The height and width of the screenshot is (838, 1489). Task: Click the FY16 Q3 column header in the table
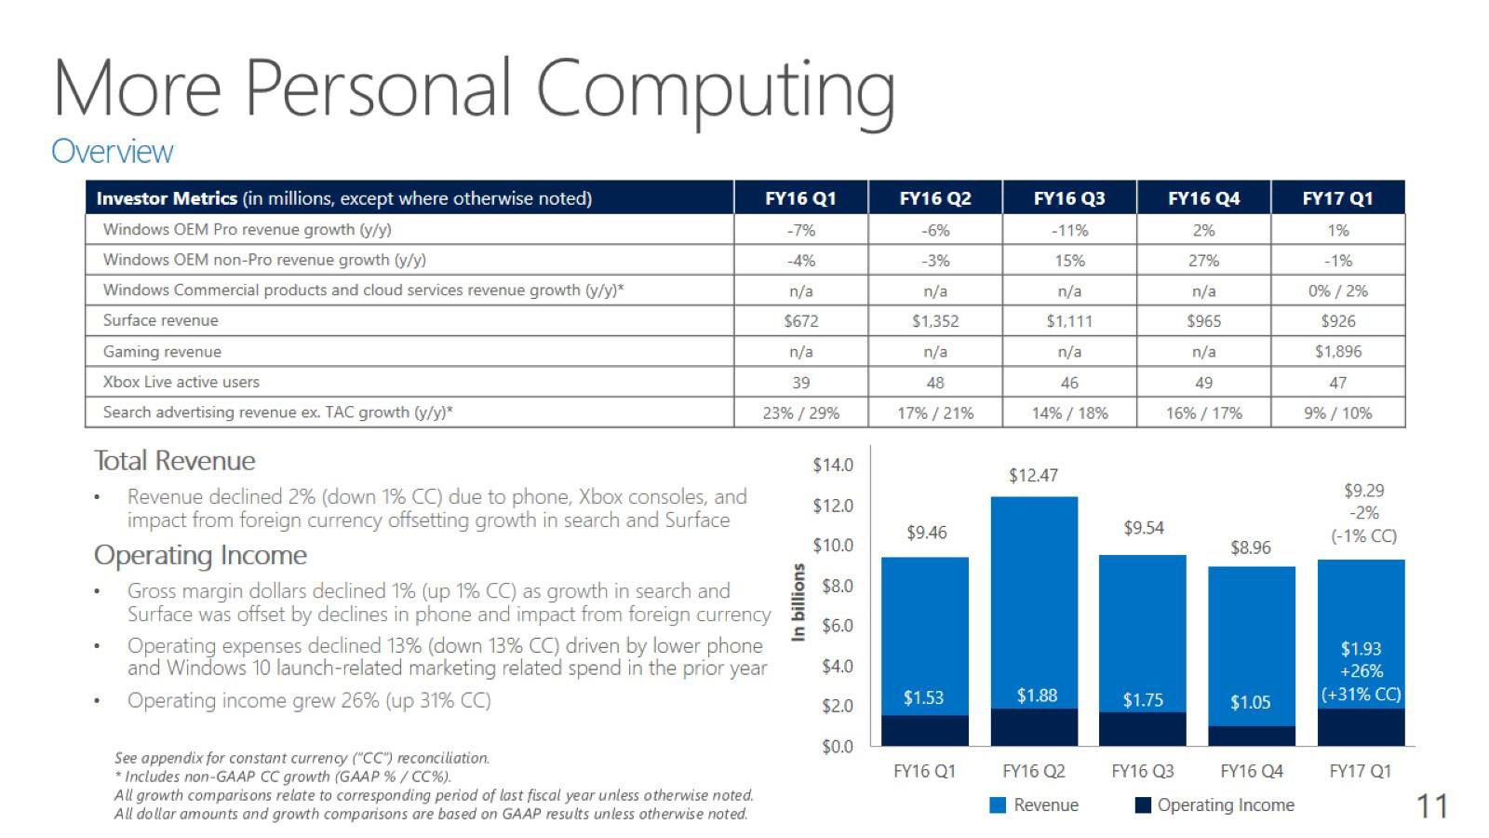tap(1069, 198)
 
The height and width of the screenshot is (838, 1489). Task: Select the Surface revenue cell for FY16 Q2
tap(934, 321)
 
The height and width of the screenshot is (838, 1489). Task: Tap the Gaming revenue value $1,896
tap(1337, 352)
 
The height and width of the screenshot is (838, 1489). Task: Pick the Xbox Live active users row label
tap(181, 382)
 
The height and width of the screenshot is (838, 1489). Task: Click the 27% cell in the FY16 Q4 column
tap(1203, 261)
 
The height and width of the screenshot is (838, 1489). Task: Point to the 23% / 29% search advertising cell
tap(800, 412)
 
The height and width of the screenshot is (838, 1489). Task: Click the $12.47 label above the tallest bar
tap(1033, 476)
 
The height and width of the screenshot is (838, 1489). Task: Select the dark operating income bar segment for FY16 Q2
tap(1034, 727)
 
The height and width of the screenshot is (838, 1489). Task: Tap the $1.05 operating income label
tap(1250, 702)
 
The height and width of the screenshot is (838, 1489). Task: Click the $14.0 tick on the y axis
tap(832, 465)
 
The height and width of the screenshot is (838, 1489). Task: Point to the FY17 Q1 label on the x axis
tap(1360, 771)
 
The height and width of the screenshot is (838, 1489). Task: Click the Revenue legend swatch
tap(998, 805)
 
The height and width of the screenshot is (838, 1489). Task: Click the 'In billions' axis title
tap(798, 602)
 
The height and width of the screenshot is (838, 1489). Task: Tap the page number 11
tap(1431, 806)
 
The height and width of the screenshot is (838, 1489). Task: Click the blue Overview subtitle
tap(112, 151)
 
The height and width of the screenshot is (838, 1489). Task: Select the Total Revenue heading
tap(174, 461)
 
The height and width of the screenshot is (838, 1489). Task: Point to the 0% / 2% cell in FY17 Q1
tap(1337, 291)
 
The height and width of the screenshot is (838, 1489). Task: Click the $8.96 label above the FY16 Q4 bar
tap(1250, 547)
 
